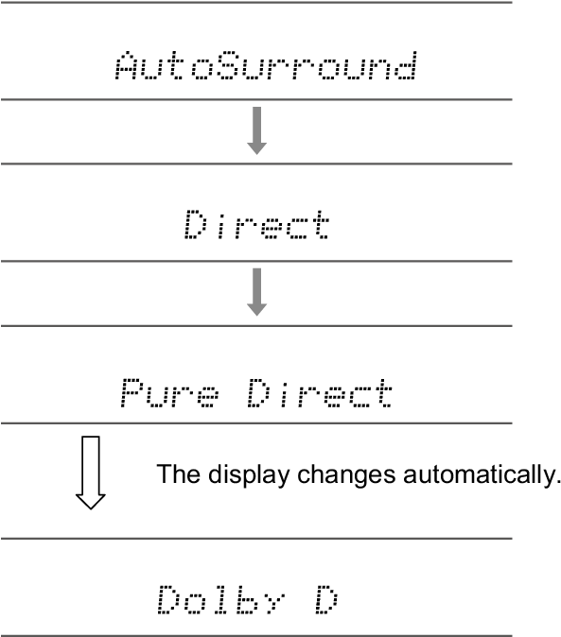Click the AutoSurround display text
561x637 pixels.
coord(266,65)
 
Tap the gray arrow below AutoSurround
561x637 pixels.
coord(257,130)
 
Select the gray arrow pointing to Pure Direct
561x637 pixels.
coord(257,292)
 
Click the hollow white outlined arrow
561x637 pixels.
coord(91,473)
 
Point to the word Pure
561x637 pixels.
coord(170,393)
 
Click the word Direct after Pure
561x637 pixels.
coord(320,393)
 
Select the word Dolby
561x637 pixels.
coord(221,599)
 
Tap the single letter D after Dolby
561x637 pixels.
coord(326,599)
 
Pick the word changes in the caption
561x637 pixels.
coord(346,474)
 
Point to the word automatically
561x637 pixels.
coord(482,474)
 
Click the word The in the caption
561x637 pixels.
coord(179,473)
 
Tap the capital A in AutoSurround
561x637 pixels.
coord(127,65)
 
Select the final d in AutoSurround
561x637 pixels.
coord(406,65)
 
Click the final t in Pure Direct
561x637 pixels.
coord(383,393)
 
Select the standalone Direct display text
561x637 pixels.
coord(256,224)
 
